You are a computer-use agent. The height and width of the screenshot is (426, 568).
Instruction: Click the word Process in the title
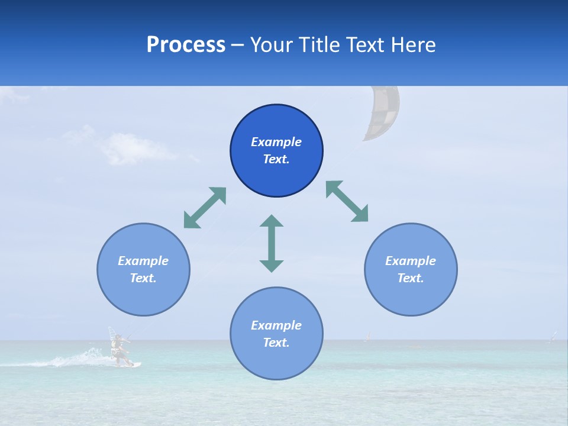(x=186, y=45)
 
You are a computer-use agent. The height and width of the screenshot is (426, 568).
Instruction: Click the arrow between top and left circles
(x=205, y=208)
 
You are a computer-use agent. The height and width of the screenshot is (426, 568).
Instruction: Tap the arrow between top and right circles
(x=347, y=201)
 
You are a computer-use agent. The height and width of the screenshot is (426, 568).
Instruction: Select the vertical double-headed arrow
(x=272, y=243)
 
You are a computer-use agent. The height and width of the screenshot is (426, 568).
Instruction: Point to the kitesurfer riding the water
(x=120, y=348)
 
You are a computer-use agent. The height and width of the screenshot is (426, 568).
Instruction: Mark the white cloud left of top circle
(x=133, y=148)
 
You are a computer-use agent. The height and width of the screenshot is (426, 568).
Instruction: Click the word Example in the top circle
(x=276, y=142)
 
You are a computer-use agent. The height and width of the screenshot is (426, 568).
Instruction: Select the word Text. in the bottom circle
(x=276, y=343)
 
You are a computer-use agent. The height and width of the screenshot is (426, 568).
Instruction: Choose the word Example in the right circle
(x=411, y=261)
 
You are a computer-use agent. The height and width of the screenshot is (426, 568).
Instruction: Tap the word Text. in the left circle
(x=143, y=278)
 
